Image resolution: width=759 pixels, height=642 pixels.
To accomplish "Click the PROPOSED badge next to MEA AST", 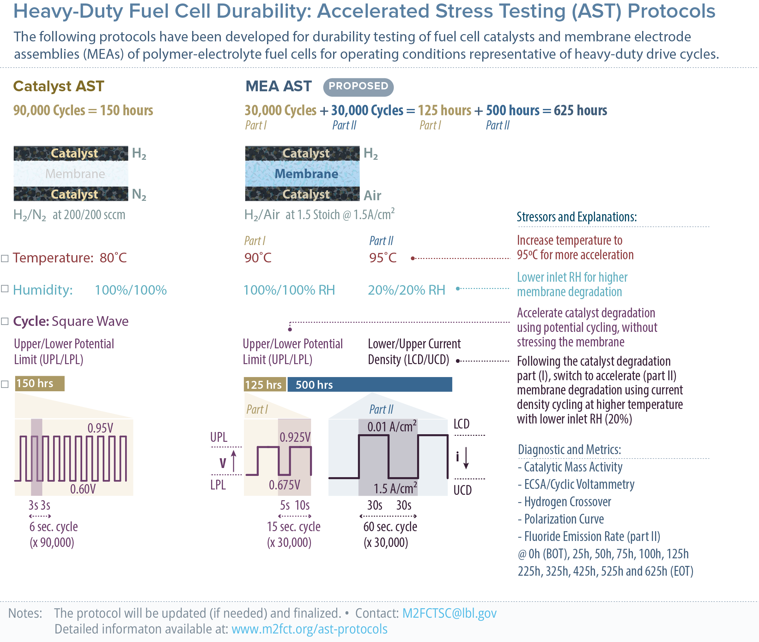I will tap(358, 87).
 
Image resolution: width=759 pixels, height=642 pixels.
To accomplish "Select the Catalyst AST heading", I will tap(59, 87).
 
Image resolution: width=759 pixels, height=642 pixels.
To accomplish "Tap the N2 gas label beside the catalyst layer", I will tap(139, 194).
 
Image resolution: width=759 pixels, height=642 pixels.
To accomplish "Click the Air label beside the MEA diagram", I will tap(372, 195).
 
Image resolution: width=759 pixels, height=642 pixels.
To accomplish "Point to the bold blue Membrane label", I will tap(306, 174).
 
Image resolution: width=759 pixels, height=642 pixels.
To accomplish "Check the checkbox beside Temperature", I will tap(5, 258).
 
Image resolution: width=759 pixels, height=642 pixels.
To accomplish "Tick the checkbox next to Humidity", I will tap(5, 289).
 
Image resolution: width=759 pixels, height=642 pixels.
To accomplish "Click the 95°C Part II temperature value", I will tap(382, 258).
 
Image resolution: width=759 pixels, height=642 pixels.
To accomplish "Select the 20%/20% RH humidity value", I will tap(406, 290).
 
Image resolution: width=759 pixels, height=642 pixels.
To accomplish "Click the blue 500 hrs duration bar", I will tap(370, 385).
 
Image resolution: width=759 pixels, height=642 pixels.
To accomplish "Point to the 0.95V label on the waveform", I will tap(100, 428).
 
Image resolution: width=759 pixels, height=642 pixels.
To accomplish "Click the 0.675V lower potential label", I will tap(284, 485).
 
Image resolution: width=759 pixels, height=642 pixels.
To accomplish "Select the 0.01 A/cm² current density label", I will tap(392, 427).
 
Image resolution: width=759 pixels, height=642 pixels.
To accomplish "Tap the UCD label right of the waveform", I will tap(462, 490).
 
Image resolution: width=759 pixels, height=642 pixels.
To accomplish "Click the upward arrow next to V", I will tap(234, 461).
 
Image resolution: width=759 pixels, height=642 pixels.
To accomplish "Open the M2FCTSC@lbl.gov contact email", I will tap(449, 613).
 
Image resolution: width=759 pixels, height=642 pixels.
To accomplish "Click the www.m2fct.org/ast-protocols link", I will tap(309, 629).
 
